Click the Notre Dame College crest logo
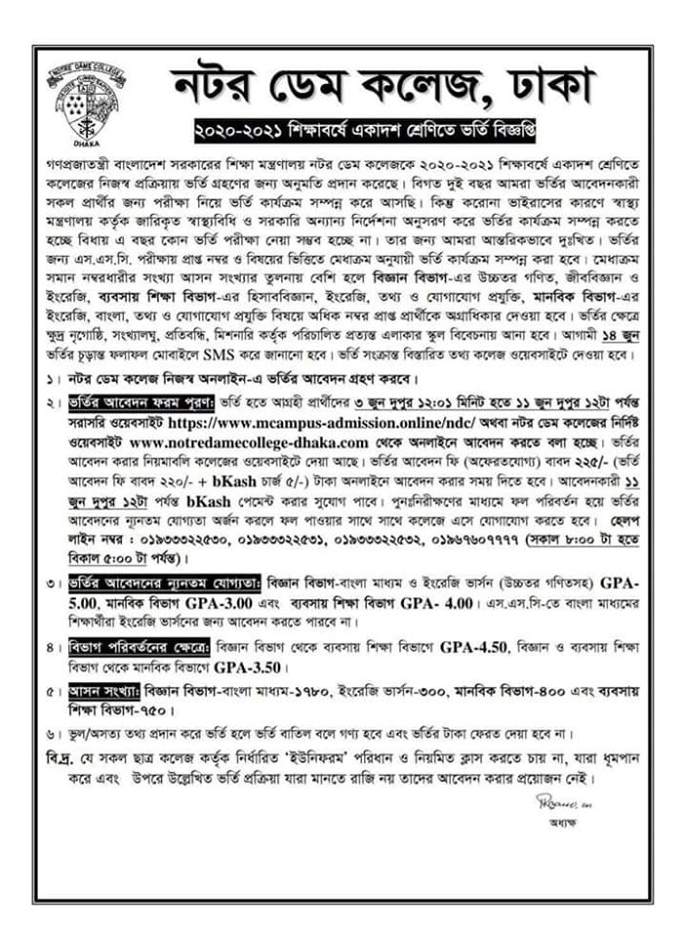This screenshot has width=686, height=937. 85,102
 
